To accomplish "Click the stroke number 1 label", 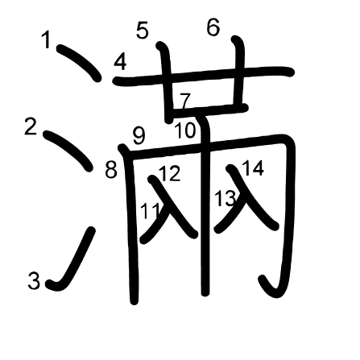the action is tap(47, 39).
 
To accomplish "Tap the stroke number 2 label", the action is tap(31, 126).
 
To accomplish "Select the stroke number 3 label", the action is tap(34, 280).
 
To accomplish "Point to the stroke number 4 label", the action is tap(120, 62).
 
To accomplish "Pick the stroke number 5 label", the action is tap(142, 31).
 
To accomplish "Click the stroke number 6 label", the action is tap(213, 27).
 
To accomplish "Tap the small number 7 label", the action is tap(185, 101).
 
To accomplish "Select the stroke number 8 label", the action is tap(111, 170).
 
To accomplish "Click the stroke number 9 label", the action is tap(139, 135).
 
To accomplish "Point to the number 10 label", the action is tap(185, 130).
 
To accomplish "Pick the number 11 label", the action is tap(150, 211).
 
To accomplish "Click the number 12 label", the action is tap(170, 173).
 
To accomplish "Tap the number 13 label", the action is tap(226, 198).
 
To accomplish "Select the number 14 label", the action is tap(253, 168).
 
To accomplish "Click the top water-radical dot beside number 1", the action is tap(79, 62).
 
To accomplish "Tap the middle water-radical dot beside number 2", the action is tap(68, 151).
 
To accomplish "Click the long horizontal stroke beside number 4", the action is tap(204, 76).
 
